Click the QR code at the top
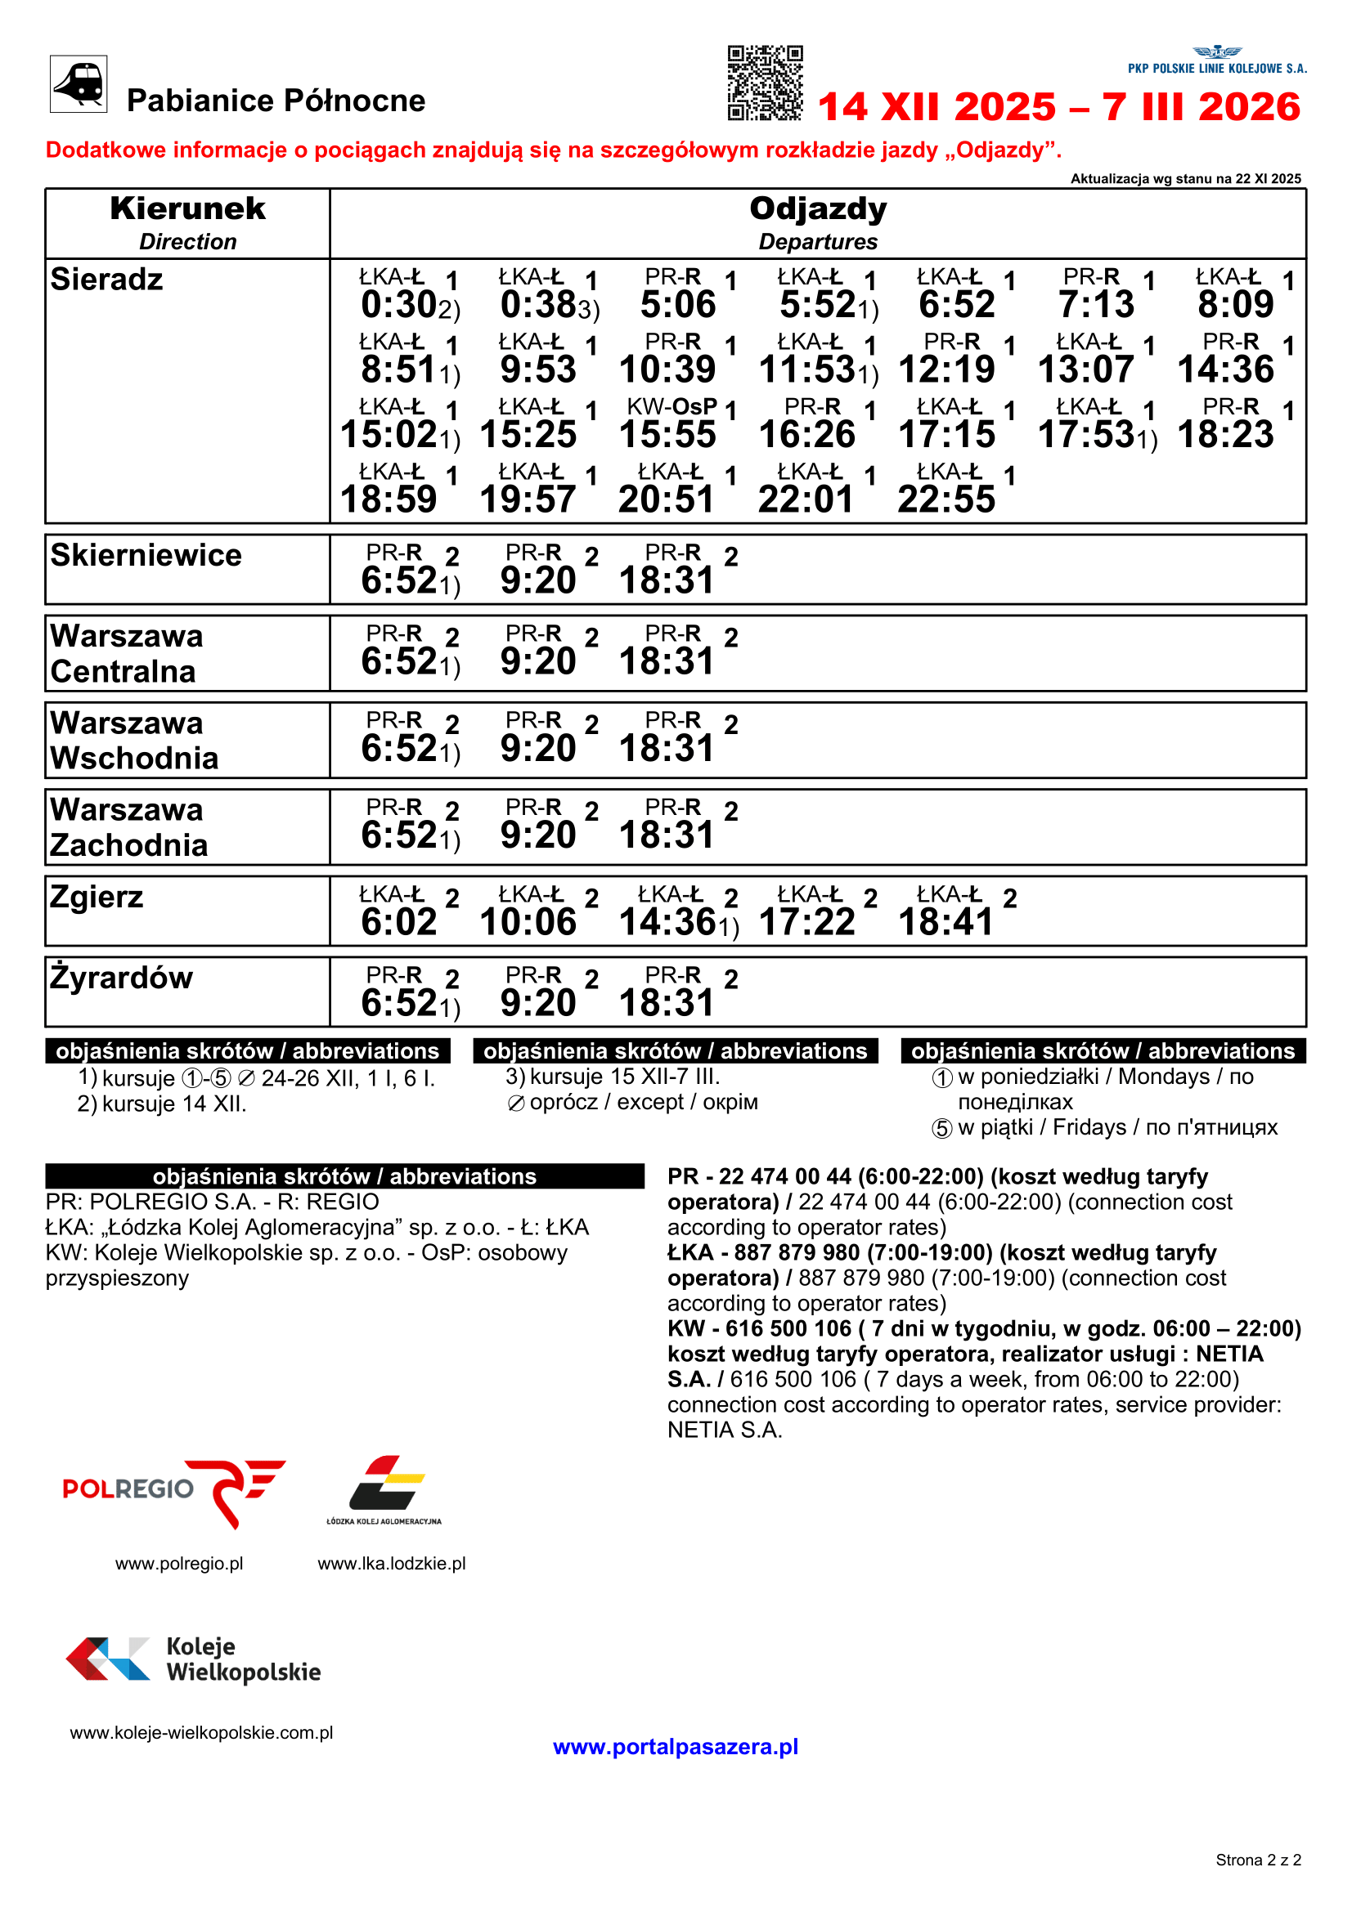(765, 83)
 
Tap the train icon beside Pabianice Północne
(79, 84)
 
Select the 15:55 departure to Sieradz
(667, 435)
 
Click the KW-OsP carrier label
(672, 406)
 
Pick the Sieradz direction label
(106, 280)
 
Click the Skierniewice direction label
(146, 555)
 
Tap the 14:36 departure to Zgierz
(667, 922)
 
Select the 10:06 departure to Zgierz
(528, 922)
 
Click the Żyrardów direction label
(121, 978)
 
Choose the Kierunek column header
(187, 209)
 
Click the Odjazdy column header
(817, 209)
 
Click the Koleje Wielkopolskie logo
(193, 1659)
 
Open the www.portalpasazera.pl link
(675, 1746)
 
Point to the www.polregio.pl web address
(179, 1564)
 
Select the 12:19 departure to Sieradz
(946, 369)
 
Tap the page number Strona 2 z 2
(1258, 1861)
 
